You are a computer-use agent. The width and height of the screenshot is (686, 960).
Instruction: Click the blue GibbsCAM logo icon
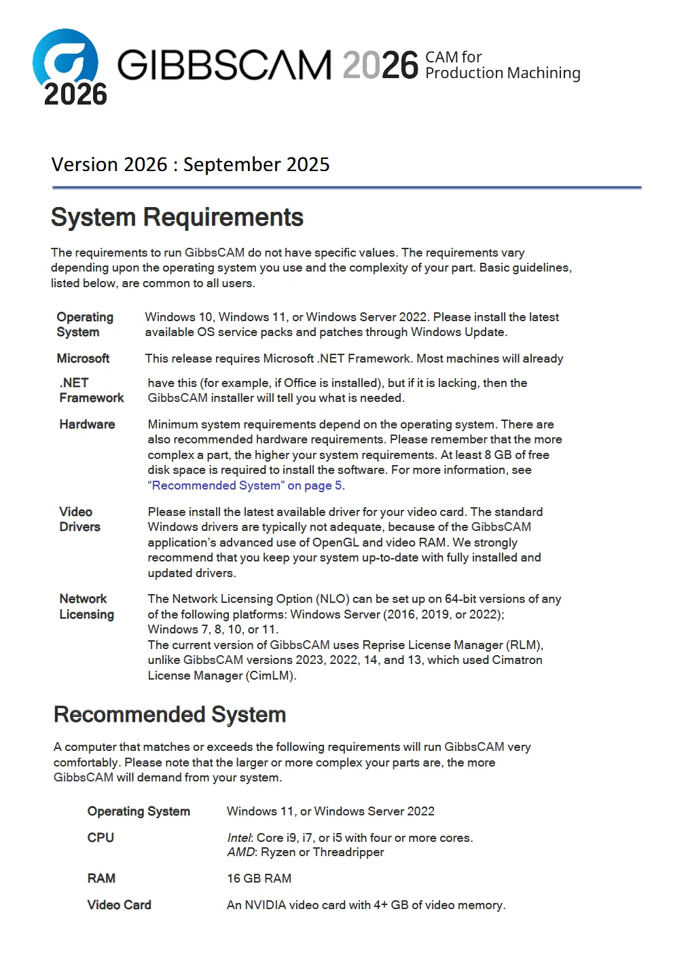click(66, 60)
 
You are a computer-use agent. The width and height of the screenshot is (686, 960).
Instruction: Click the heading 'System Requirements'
click(177, 217)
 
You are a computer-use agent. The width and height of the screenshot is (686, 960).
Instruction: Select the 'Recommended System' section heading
click(170, 714)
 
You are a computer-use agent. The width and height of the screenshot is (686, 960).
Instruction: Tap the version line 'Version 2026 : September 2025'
click(190, 164)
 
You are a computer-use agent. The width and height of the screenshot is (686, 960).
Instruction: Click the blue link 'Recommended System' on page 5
click(245, 485)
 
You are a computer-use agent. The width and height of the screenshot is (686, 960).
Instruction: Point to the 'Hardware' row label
click(87, 424)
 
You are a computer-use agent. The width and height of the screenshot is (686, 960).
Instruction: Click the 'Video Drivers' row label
click(79, 519)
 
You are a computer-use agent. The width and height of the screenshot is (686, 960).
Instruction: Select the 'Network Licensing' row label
click(86, 606)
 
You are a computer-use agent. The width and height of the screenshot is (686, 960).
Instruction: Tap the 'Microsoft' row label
click(83, 358)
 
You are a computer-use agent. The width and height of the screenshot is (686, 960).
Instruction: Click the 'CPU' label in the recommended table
click(101, 838)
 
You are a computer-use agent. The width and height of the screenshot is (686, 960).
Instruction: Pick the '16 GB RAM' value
click(259, 879)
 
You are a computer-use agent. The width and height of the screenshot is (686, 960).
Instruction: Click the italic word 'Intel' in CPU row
click(239, 838)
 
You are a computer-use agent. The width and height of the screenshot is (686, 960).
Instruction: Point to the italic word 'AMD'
click(240, 852)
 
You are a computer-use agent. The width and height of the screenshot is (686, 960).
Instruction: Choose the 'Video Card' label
click(119, 905)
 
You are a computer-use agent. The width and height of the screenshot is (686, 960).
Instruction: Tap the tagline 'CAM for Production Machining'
click(502, 65)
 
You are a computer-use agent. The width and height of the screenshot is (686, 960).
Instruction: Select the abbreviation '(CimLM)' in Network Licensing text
click(271, 676)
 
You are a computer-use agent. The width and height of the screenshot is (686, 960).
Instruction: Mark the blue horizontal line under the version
click(346, 187)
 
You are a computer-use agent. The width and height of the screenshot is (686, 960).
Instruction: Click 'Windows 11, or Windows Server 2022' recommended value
click(330, 811)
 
